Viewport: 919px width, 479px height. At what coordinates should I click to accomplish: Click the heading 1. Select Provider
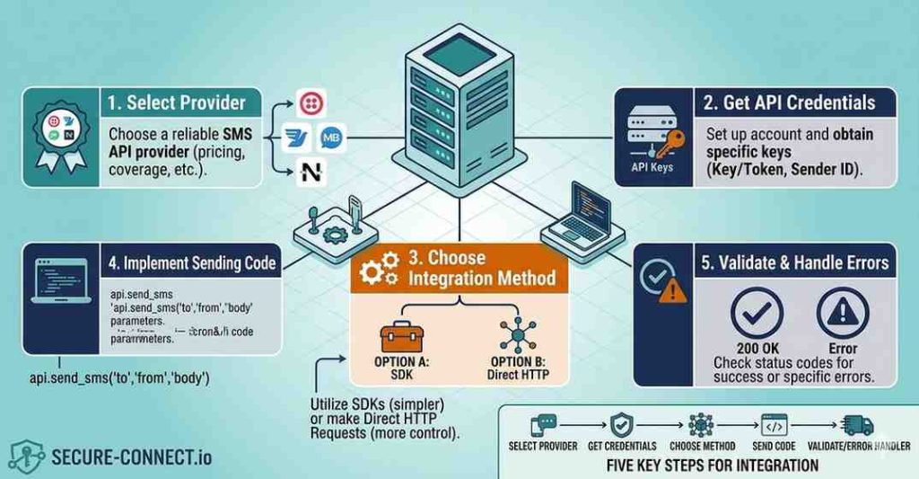[176, 102]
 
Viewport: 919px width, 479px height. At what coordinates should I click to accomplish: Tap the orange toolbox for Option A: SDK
[400, 336]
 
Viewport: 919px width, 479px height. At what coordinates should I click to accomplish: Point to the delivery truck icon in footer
[858, 425]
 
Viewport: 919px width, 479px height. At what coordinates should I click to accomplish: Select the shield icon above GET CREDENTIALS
[622, 425]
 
